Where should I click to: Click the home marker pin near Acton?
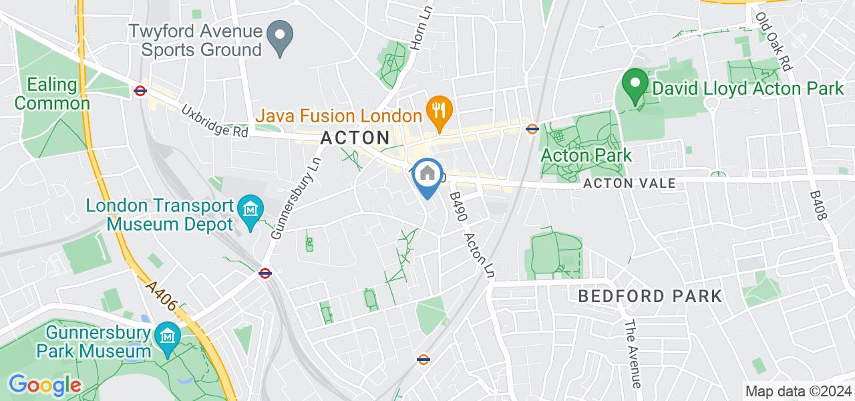click(427, 175)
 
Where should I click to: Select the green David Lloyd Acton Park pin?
click(635, 85)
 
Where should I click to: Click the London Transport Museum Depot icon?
click(251, 210)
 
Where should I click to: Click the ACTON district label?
click(355, 138)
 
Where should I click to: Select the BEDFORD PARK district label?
click(650, 295)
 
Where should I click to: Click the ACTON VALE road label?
click(630, 183)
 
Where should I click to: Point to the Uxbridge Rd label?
click(214, 120)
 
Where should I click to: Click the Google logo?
click(44, 385)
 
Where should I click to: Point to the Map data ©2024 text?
click(799, 392)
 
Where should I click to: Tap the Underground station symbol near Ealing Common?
click(140, 90)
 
